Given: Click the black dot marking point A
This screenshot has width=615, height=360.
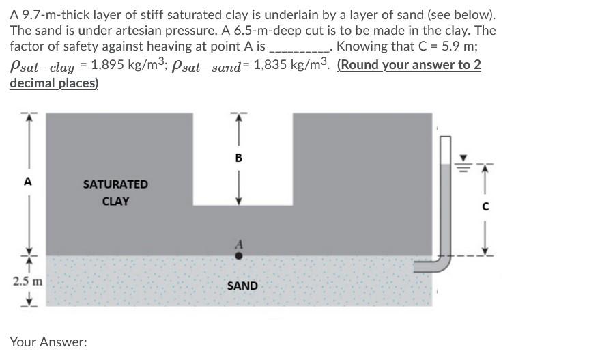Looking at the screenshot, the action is pyautogui.click(x=238, y=257).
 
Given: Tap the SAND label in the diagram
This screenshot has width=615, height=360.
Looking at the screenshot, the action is pyautogui.click(x=242, y=286).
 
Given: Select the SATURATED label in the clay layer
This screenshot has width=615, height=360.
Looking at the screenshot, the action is pyautogui.click(x=115, y=184).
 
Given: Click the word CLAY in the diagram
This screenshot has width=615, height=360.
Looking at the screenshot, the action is pyautogui.click(x=115, y=202).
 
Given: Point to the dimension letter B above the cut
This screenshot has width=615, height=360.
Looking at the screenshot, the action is pyautogui.click(x=238, y=158).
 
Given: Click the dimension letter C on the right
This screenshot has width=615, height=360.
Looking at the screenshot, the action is pyautogui.click(x=485, y=206).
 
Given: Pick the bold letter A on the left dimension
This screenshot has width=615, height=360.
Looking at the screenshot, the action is pyautogui.click(x=27, y=182).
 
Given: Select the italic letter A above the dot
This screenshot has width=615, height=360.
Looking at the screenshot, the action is pyautogui.click(x=238, y=243).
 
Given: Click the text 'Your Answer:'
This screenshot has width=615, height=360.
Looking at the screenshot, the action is pyautogui.click(x=48, y=342).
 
